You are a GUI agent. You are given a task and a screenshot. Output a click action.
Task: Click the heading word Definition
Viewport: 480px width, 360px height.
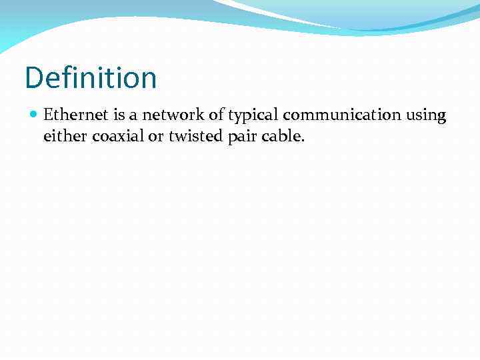click(x=91, y=78)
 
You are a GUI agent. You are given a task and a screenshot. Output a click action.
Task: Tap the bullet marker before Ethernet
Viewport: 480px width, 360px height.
click(x=34, y=115)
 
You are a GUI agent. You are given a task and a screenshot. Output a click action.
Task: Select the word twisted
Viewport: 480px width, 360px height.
click(x=194, y=137)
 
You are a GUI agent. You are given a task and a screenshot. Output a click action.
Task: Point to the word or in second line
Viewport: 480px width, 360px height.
click(x=155, y=137)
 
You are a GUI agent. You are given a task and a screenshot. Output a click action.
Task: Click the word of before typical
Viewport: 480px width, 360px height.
click(x=217, y=115)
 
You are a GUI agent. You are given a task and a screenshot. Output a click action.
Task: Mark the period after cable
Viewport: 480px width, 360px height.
click(x=302, y=141)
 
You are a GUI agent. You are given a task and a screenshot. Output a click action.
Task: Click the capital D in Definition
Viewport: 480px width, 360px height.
click(x=33, y=78)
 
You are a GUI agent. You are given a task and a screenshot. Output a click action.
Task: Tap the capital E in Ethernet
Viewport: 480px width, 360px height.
click(x=48, y=115)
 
